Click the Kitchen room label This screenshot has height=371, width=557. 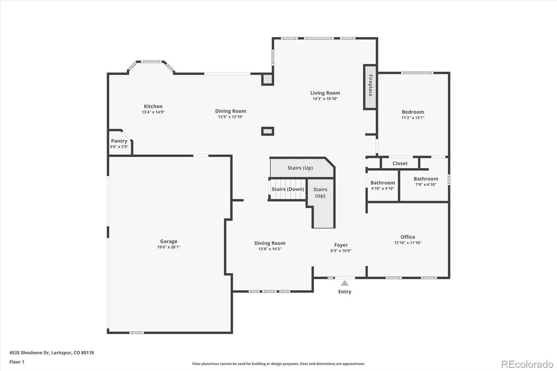(x=153, y=106)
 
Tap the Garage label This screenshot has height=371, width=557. (x=168, y=241)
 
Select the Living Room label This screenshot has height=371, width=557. (x=325, y=93)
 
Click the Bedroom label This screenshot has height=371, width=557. (x=413, y=112)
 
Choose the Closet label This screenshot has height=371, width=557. (x=400, y=163)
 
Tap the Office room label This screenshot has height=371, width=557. (x=407, y=237)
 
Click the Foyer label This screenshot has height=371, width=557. (x=341, y=245)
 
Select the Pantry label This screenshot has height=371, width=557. (x=119, y=141)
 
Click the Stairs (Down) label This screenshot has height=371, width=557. (x=287, y=189)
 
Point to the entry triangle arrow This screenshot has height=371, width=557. (x=345, y=283)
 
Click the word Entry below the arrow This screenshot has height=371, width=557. (x=345, y=292)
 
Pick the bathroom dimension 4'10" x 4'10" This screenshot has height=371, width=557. (x=383, y=188)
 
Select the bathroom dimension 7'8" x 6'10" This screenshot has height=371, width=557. (x=425, y=185)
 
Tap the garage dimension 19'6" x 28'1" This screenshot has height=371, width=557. (x=168, y=247)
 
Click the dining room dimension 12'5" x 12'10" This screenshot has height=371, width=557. (x=230, y=117)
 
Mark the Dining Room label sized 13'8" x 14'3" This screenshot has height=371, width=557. (x=270, y=243)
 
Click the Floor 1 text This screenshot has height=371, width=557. (x=17, y=362)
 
